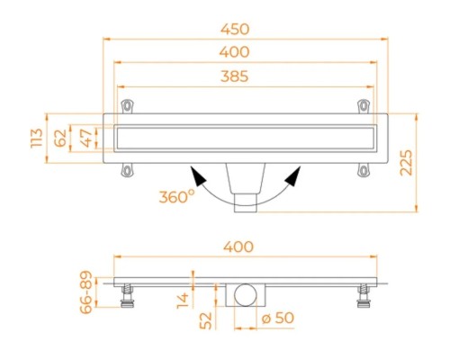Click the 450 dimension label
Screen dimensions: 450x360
235,29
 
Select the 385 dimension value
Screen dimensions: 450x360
235,76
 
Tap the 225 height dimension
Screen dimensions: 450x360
407,163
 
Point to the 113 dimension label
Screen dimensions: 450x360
37,138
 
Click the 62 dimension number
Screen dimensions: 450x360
60,139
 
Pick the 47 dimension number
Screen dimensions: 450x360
87,139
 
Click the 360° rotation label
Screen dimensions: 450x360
176,196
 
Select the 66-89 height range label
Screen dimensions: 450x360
86,292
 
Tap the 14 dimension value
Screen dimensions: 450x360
183,301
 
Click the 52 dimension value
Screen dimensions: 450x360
206,320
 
